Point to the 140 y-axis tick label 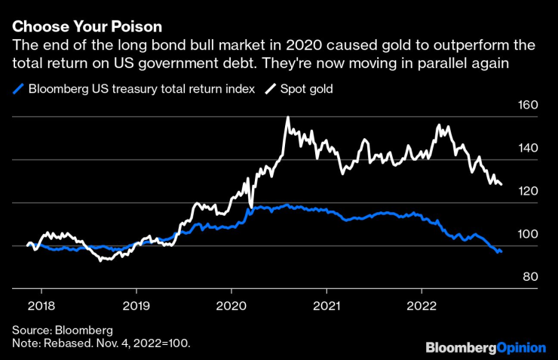(529, 148)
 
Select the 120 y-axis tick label (529, 192)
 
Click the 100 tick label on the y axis (529, 235)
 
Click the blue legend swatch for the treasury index (18, 89)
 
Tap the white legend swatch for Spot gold (270, 89)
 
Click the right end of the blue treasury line (501, 252)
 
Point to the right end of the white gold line (501, 184)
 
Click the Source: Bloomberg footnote (62, 331)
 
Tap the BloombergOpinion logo (486, 347)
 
